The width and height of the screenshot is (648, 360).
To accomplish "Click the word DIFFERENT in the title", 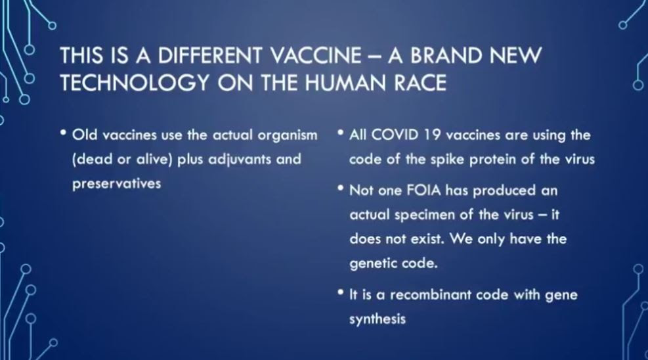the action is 210,55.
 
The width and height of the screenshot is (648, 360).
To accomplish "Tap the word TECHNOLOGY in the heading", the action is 135,83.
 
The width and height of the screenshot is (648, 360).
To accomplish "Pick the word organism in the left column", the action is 288,135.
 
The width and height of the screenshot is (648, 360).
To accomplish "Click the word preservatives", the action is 117,184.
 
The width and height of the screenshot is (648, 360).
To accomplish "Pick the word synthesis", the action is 378,319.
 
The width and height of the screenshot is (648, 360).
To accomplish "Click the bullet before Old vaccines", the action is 63,133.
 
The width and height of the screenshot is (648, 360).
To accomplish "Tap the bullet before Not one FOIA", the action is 341,189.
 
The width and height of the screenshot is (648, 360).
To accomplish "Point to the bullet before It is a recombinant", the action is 341,292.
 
